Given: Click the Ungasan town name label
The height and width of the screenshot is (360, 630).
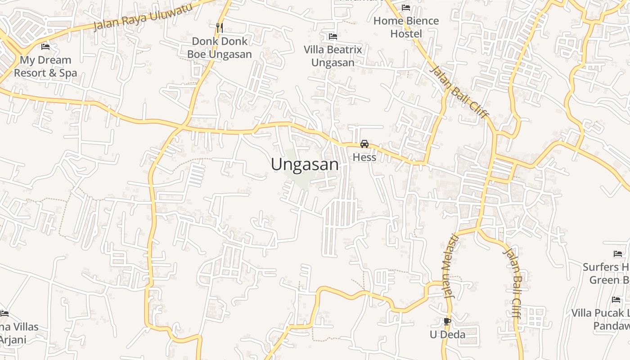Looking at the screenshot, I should tap(305, 165).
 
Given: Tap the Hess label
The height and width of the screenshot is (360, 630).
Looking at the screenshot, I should tap(364, 157).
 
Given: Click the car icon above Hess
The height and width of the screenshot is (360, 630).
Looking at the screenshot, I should tap(364, 144).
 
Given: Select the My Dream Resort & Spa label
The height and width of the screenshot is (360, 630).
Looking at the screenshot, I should tap(45, 67).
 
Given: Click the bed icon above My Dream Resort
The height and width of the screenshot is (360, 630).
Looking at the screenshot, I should tap(45, 46).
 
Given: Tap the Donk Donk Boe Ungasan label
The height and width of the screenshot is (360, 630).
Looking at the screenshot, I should tap(220, 48).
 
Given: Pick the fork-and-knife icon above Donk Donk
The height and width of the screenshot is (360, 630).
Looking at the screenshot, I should tap(220, 28).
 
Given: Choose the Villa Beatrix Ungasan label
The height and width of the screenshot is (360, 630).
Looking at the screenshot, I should tap(333, 56).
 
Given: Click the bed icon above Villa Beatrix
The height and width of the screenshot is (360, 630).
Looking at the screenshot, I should tap(333, 36).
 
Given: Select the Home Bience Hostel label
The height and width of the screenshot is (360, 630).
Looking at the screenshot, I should tap(406, 27).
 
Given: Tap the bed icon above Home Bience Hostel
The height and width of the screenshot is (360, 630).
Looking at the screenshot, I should tap(406, 8).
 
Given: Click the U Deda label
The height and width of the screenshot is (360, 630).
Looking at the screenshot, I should tap(447, 335).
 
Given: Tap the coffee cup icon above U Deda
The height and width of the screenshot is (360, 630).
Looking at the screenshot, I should tap(447, 321).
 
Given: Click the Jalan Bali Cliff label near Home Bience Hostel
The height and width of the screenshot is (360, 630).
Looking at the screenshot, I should tap(459, 92).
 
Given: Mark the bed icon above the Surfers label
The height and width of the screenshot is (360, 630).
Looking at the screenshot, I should tap(618, 254).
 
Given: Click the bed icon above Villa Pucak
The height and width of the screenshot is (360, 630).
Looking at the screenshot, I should tap(616, 300).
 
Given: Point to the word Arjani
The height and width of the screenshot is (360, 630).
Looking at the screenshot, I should tap(13, 340).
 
